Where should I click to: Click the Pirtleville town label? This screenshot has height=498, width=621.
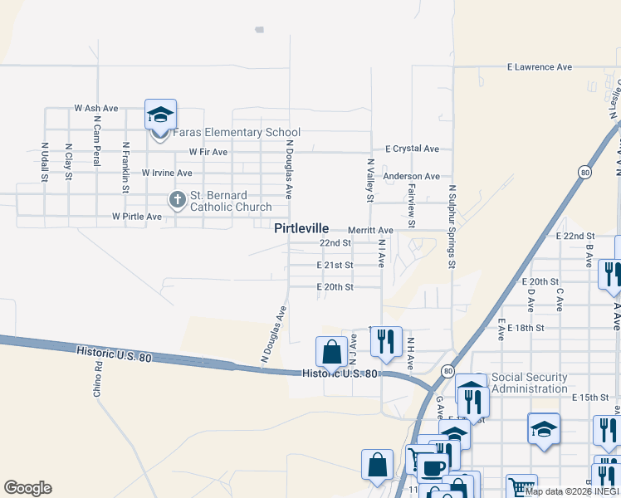(x=302, y=228)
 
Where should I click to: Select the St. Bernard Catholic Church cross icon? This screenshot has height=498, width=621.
(x=176, y=199)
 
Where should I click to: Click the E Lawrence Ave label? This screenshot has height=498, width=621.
(x=540, y=66)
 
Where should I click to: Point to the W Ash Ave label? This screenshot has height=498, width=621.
(x=96, y=108)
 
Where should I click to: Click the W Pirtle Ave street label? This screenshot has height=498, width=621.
(x=137, y=217)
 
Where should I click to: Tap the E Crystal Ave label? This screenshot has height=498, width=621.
(x=412, y=149)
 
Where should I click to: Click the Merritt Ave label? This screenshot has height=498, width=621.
(x=370, y=230)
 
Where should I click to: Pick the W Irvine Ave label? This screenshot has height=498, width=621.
(x=167, y=173)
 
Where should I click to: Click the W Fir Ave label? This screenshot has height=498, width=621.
(x=208, y=152)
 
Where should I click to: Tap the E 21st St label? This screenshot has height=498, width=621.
(x=335, y=265)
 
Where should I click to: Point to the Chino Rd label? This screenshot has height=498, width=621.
(x=98, y=377)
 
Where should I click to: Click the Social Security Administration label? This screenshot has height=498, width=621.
(x=530, y=383)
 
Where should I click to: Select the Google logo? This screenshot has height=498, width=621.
(x=27, y=488)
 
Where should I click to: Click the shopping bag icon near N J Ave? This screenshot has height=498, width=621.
(x=331, y=351)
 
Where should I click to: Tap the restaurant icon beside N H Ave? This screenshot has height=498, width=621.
(x=386, y=341)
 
